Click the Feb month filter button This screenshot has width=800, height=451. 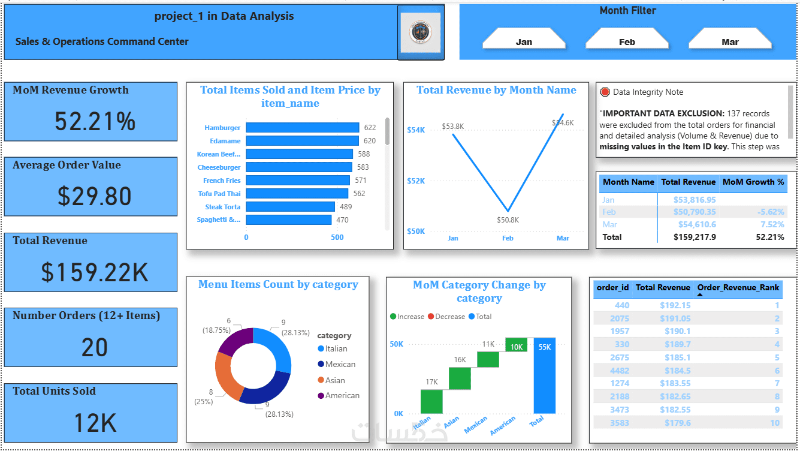pyautogui.click(x=627, y=41)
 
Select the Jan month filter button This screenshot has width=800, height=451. pyautogui.click(x=524, y=41)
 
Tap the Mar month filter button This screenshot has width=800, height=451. pyautogui.click(x=730, y=41)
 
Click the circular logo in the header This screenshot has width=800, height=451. pyautogui.click(x=421, y=32)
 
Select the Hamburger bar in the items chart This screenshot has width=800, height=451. pyautogui.click(x=302, y=128)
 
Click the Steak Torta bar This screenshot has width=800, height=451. pyautogui.click(x=290, y=207)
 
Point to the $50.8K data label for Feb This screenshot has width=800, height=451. pyautogui.click(x=508, y=220)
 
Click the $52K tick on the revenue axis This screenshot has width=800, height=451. pyautogui.click(x=416, y=181)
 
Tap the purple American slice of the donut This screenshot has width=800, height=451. pyautogui.click(x=233, y=341)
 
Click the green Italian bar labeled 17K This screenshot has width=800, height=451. pyautogui.click(x=431, y=401)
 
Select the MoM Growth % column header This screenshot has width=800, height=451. pyautogui.click(x=753, y=182)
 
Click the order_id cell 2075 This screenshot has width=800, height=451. pyautogui.click(x=621, y=318)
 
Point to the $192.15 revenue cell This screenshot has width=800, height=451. pyautogui.click(x=675, y=305)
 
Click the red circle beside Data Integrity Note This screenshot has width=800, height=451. pyautogui.click(x=605, y=92)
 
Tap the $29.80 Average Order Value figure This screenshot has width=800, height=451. pyautogui.click(x=95, y=196)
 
